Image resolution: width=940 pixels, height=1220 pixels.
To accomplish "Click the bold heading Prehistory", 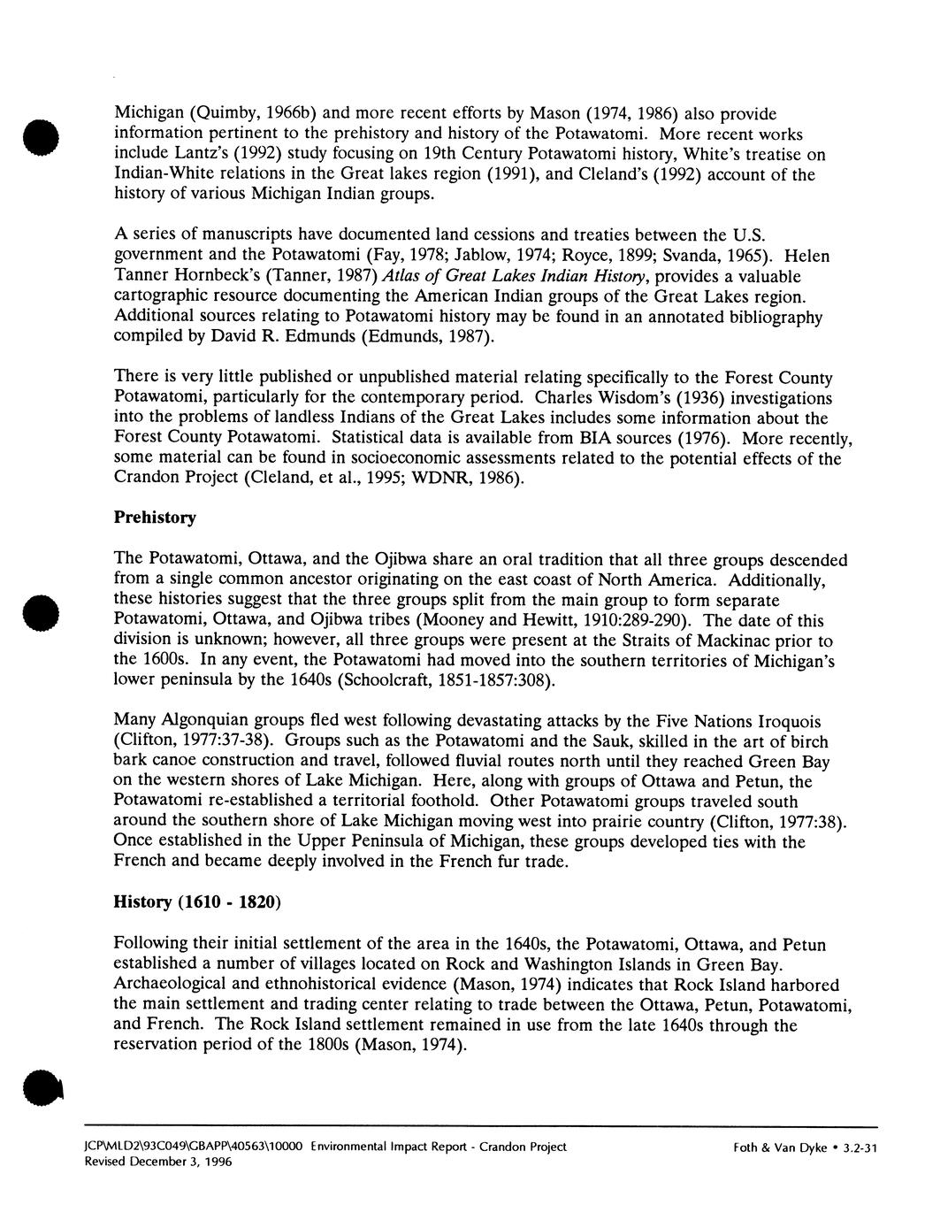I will point(155,518).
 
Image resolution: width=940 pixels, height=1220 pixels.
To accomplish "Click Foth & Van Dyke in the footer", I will point(778,1147).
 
